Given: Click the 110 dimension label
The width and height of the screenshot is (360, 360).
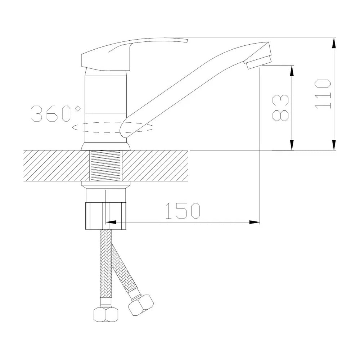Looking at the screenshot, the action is pyautogui.click(x=323, y=94).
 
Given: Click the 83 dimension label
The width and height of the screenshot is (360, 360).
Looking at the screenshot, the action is pyautogui.click(x=280, y=108).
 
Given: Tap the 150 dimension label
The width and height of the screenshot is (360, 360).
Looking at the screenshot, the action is pyautogui.click(x=183, y=211).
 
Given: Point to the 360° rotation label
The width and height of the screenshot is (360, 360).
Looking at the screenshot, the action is pyautogui.click(x=56, y=113).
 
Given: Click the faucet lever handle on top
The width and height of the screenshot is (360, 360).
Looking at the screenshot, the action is pyautogui.click(x=129, y=54).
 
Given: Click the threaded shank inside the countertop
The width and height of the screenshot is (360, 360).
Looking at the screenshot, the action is pyautogui.click(x=106, y=165).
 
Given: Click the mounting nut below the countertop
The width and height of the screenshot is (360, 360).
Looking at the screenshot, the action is pyautogui.click(x=106, y=216).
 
